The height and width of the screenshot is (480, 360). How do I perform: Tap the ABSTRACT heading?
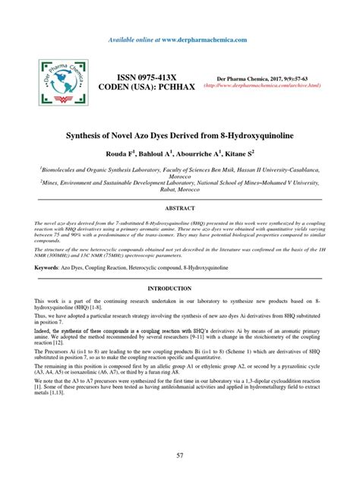coord(180,207)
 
